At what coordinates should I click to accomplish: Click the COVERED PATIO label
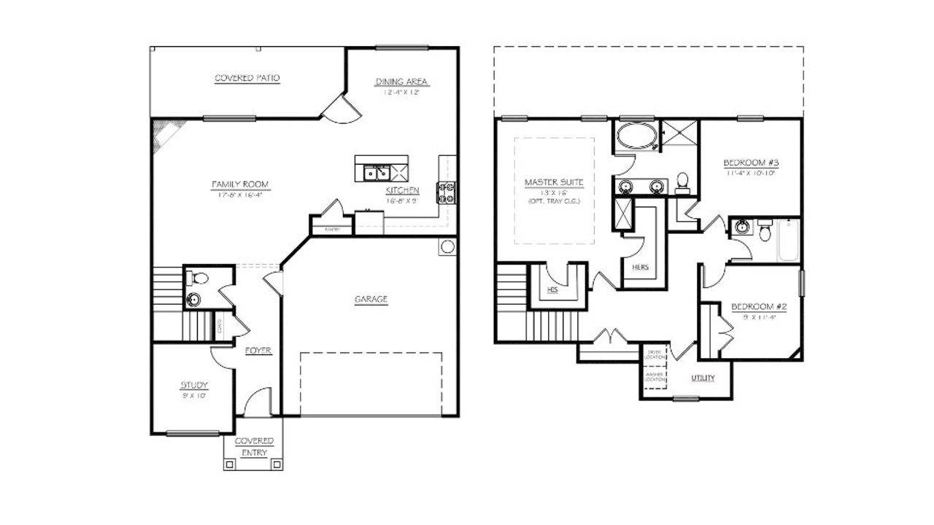tap(247, 78)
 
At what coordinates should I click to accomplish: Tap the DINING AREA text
tap(401, 82)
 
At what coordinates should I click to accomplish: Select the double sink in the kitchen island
tap(375, 174)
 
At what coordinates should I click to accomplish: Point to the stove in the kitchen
tap(446, 192)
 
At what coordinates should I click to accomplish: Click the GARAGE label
tap(371, 299)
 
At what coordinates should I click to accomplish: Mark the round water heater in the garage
tap(447, 246)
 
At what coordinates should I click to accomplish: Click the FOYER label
tap(258, 351)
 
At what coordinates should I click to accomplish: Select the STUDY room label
tap(194, 385)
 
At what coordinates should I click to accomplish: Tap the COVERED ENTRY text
tap(254, 446)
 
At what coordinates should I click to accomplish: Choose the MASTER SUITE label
tap(554, 181)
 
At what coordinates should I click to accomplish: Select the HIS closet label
tap(553, 290)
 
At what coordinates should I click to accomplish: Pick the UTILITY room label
tap(703, 378)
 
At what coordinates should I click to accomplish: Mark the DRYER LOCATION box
tap(655, 354)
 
